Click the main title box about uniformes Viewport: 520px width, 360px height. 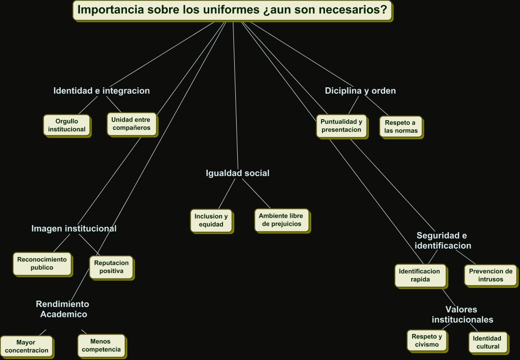[232, 10]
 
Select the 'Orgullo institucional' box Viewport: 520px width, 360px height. [67, 125]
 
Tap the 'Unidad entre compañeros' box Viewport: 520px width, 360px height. [131, 124]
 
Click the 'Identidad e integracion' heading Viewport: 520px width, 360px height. [101, 91]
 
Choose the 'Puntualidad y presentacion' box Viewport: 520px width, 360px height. [341, 126]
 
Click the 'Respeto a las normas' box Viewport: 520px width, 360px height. [401, 127]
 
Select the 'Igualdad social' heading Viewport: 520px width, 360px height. [238, 173]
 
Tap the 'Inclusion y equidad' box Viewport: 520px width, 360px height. [211, 220]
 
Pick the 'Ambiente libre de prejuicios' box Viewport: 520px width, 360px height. [281, 220]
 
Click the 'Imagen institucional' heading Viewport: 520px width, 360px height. [74, 229]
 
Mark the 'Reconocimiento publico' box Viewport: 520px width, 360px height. [42, 263]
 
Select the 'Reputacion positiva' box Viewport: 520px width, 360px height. [111, 266]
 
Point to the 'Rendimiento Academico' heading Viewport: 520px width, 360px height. [63, 309]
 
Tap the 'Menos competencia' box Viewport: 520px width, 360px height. [101, 345]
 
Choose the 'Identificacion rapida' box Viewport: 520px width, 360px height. [420, 275]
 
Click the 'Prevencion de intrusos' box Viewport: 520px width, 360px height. [490, 275]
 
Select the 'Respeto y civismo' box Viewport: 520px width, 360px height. [426, 340]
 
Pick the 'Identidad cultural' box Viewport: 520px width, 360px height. [487, 342]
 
